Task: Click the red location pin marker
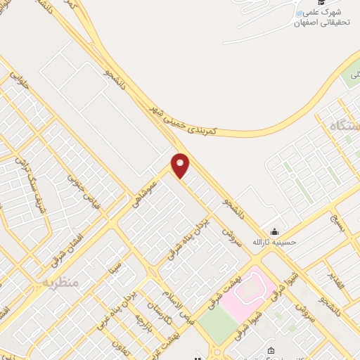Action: pyautogui.click(x=181, y=165)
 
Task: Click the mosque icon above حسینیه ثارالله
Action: pyautogui.click(x=274, y=232)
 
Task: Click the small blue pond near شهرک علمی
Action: pyautogui.click(x=300, y=13)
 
